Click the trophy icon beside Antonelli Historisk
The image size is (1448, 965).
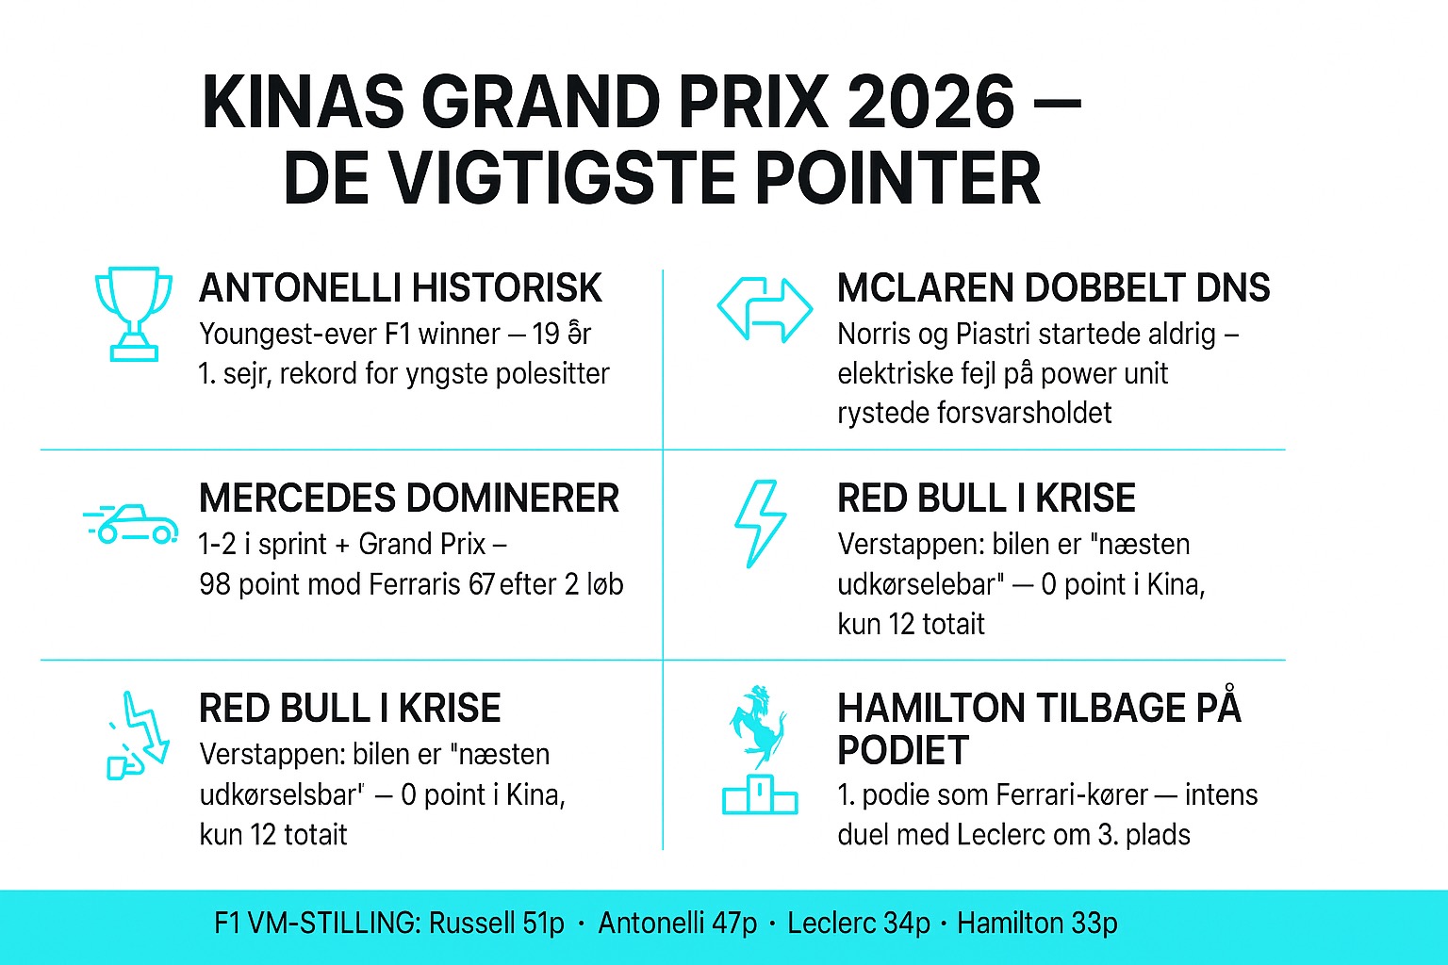[x=134, y=313]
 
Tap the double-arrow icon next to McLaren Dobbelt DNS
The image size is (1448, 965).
[x=765, y=309]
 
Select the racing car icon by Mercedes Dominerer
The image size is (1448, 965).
[x=132, y=524]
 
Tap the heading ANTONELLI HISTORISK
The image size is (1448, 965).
[x=401, y=288]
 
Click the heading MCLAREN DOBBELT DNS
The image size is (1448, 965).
[x=1053, y=288]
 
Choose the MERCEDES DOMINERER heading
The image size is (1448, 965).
[x=409, y=499]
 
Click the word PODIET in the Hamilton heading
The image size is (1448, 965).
[x=902, y=751]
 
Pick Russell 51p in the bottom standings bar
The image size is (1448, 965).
[x=496, y=923]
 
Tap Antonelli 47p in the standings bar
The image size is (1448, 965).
[x=677, y=923]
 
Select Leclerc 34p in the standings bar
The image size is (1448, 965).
[x=858, y=923]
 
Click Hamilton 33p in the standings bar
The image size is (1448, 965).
[x=1037, y=923]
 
